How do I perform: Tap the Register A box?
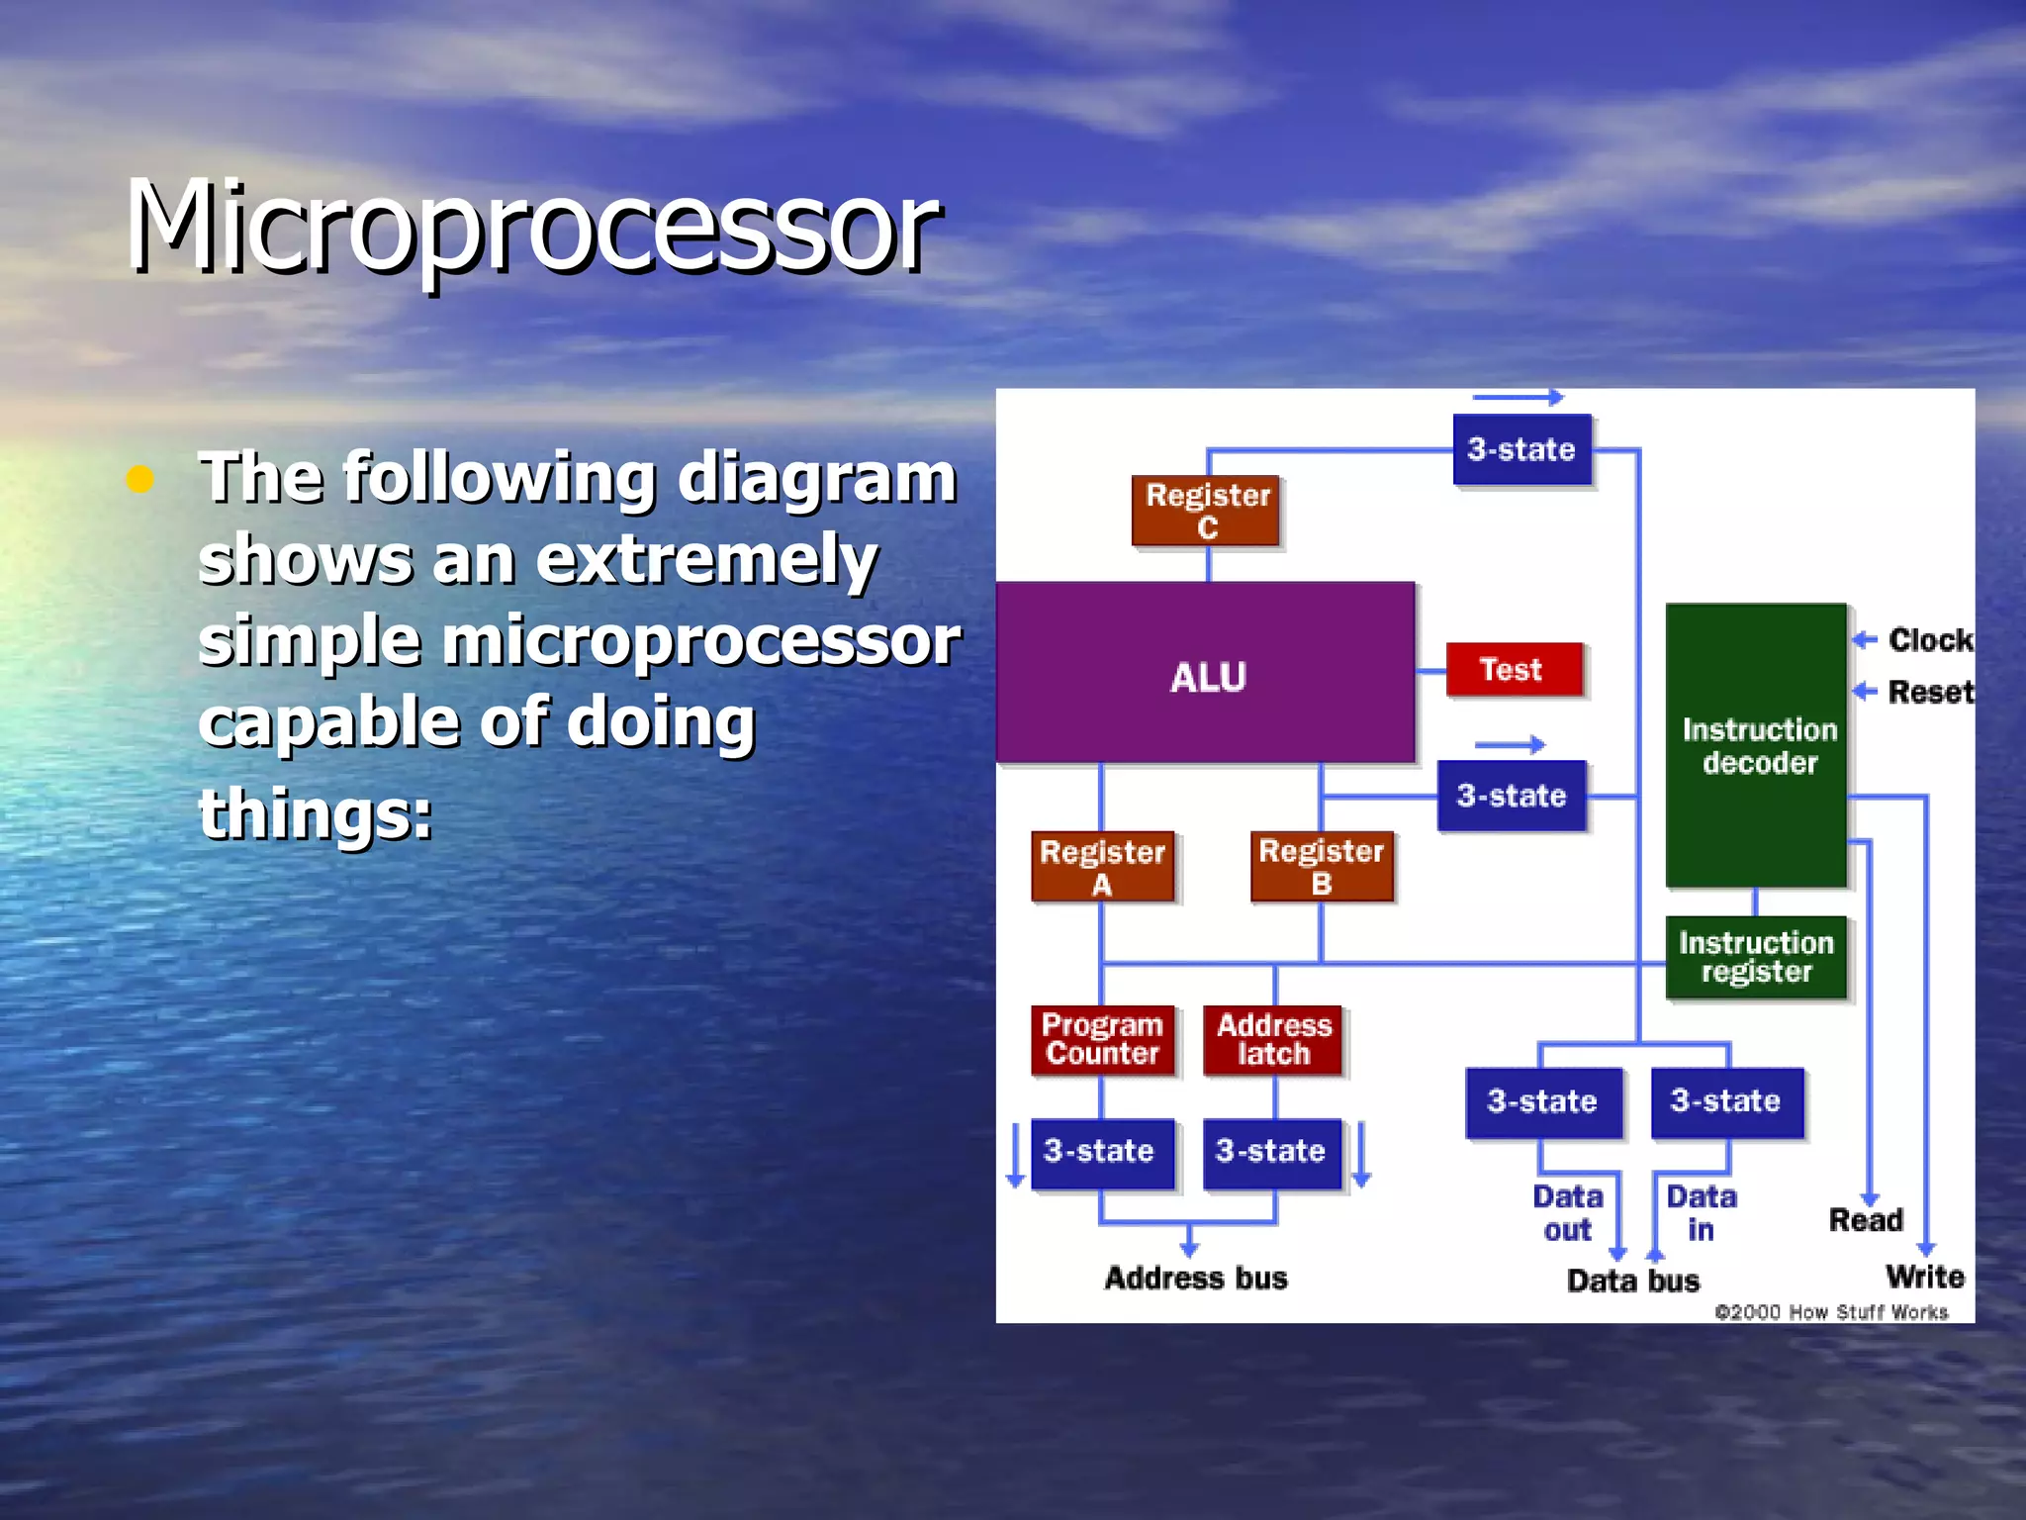point(1102,867)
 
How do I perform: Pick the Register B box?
point(1321,867)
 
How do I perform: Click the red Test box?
point(1513,670)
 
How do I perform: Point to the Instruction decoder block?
point(1756,745)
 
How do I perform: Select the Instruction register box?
point(1756,957)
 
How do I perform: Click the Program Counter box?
point(1102,1039)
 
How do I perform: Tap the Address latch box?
point(1273,1039)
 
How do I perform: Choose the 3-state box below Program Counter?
point(1101,1152)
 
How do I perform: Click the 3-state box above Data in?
point(1726,1101)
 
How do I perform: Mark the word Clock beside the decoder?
point(1929,640)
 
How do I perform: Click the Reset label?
point(1929,692)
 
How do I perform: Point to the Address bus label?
point(1196,1279)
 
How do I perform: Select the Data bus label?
point(1633,1282)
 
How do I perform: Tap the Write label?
point(1924,1277)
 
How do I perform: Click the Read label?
point(1866,1220)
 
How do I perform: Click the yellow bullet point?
point(140,480)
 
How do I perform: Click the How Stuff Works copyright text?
point(1831,1312)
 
